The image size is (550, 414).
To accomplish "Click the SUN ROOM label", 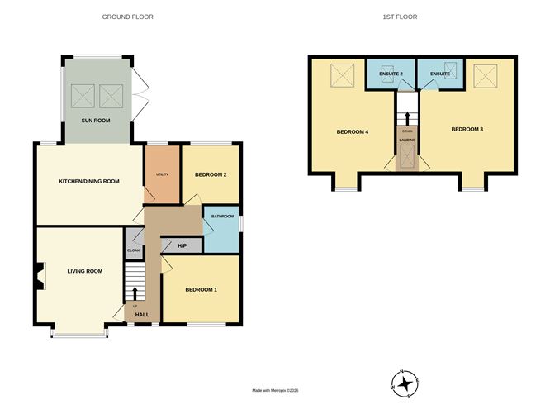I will [97, 121].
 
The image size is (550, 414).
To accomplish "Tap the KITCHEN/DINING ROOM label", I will [89, 181].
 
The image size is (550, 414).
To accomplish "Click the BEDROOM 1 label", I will [201, 289].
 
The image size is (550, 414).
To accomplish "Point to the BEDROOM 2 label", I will [211, 175].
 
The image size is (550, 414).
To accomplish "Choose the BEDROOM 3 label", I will [467, 129].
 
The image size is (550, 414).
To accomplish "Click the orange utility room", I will [162, 174].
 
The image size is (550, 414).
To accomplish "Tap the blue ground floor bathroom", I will [222, 231].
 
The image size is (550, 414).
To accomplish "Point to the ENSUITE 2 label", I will [391, 74].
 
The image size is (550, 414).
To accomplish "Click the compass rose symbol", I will [405, 382].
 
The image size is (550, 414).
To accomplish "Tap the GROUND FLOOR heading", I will [127, 17].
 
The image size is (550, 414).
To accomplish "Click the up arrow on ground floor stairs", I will [135, 293].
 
